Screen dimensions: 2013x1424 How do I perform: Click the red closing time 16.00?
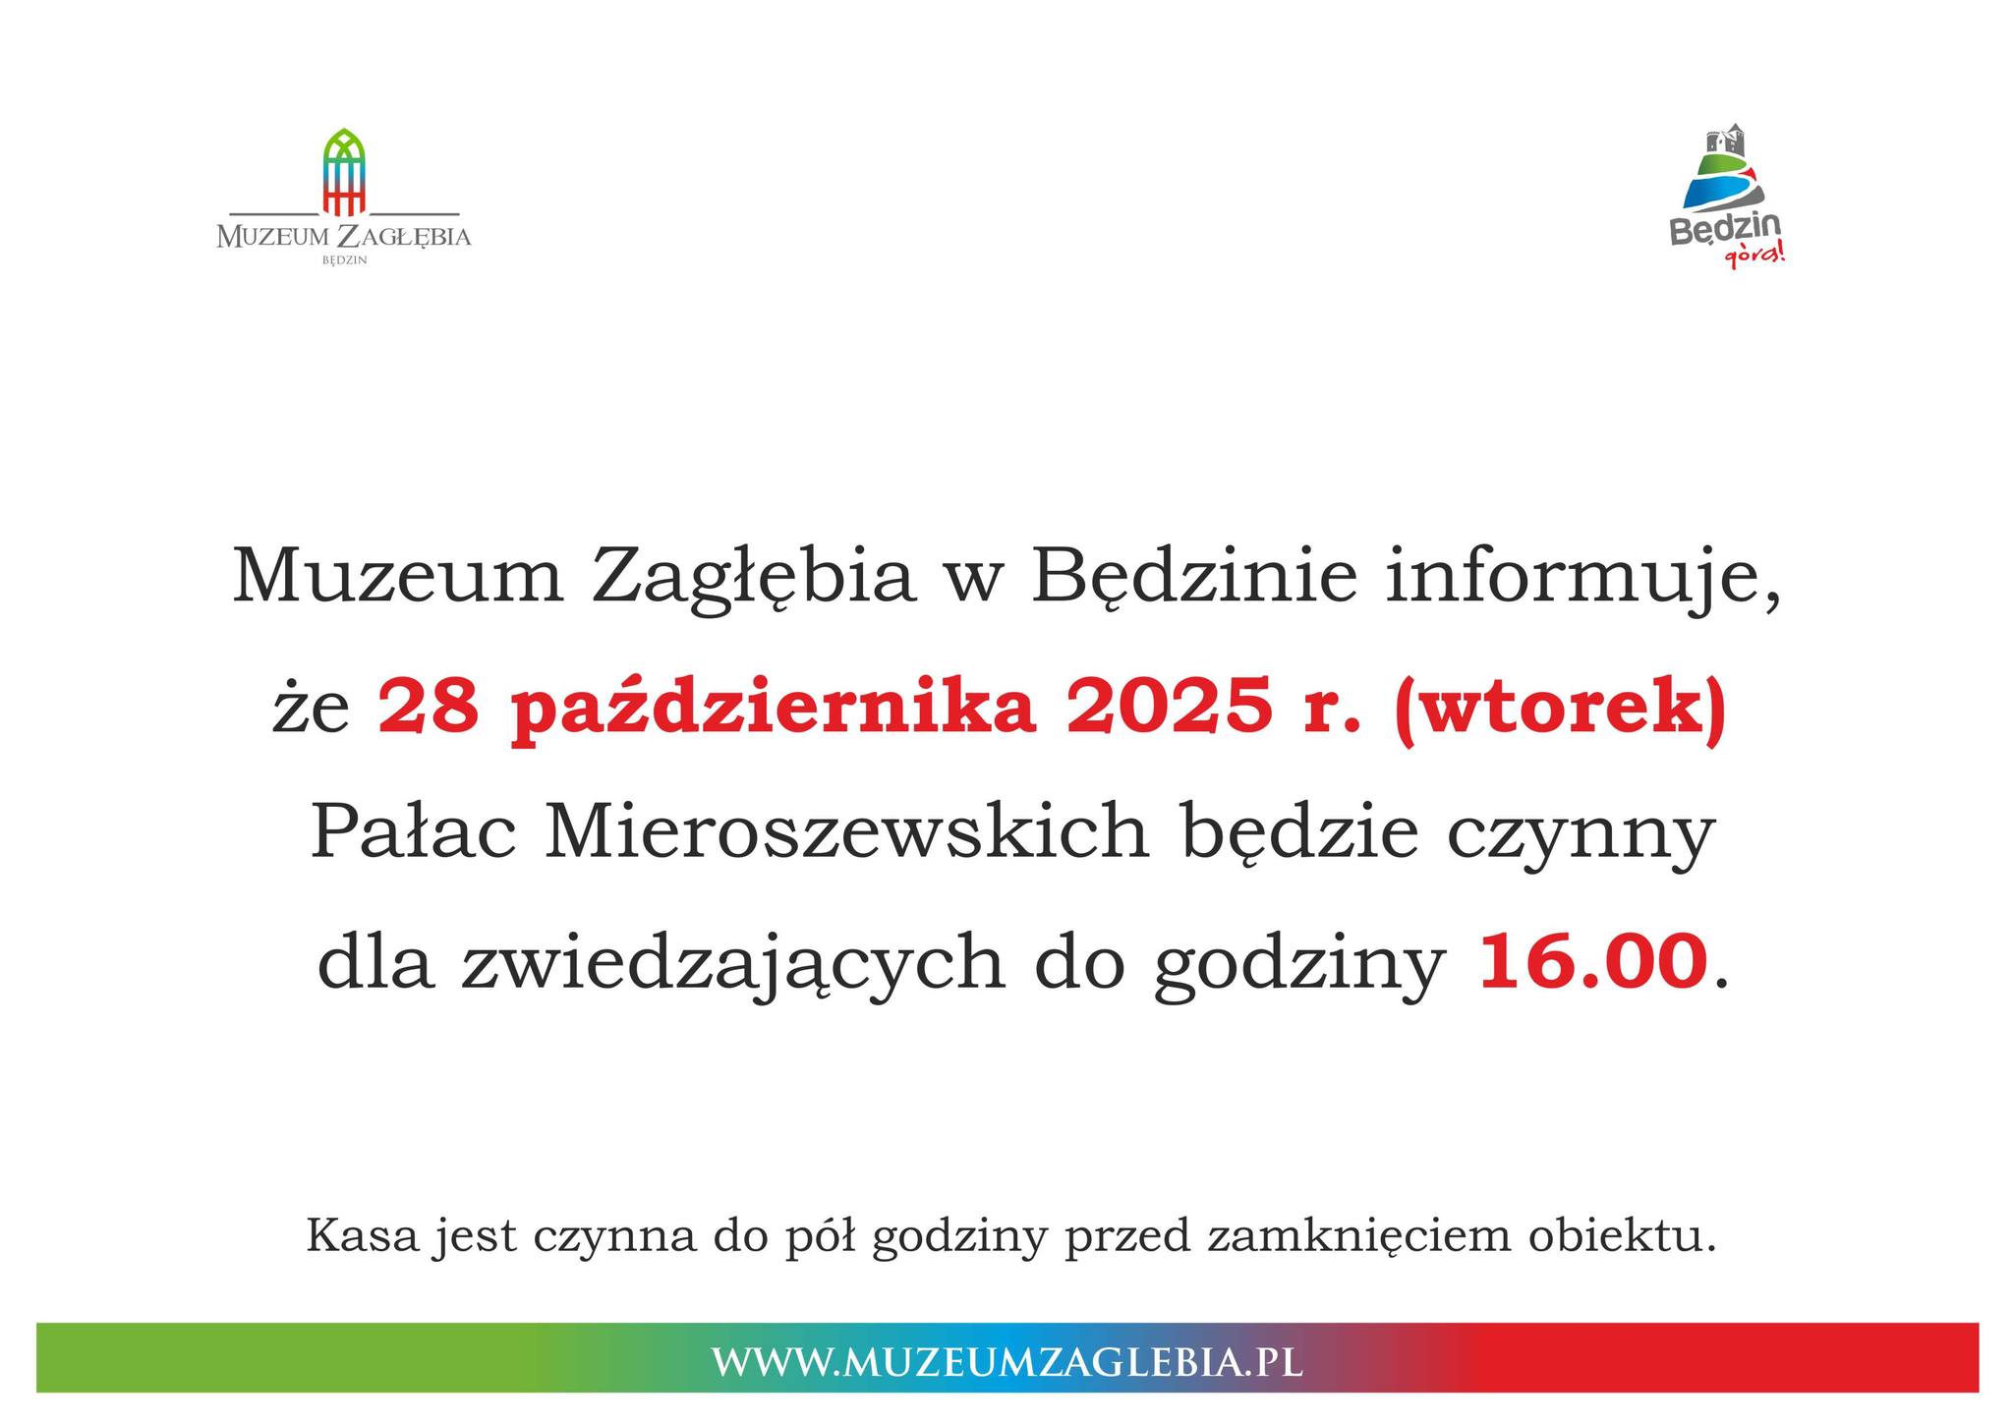point(1592,963)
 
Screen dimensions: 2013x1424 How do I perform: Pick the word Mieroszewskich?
point(846,833)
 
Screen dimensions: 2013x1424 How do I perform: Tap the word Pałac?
point(413,833)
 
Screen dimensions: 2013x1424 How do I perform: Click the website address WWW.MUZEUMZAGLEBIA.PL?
point(1006,1362)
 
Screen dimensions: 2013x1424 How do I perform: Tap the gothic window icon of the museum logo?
point(344,171)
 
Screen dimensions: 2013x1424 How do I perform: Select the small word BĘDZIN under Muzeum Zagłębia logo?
point(344,260)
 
